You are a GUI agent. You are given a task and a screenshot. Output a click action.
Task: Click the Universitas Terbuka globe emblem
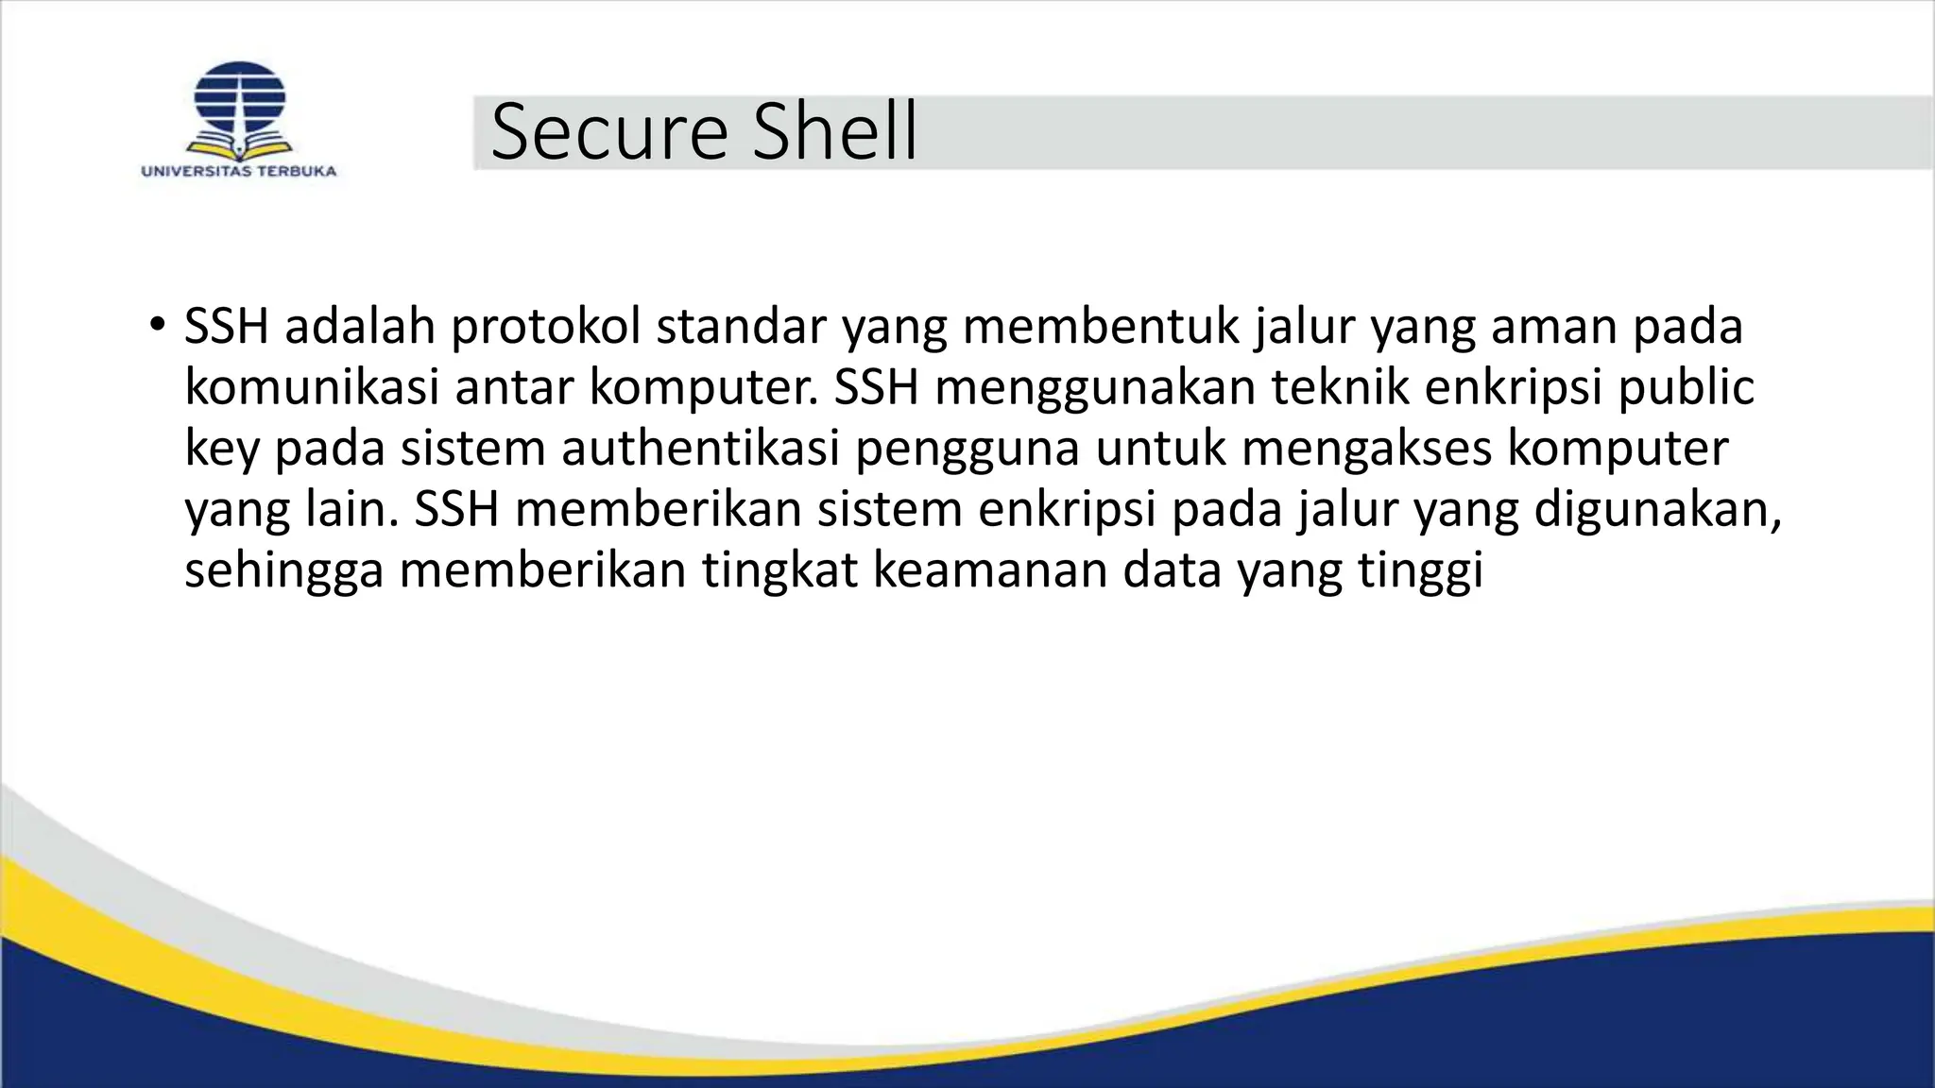click(x=239, y=106)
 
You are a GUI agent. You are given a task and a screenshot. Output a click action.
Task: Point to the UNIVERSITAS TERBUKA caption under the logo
click(x=239, y=172)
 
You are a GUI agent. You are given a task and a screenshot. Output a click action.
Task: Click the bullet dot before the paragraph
click(x=156, y=326)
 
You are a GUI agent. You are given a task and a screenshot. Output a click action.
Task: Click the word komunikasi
click(x=312, y=387)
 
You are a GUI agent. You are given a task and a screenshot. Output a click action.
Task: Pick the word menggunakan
click(x=1095, y=389)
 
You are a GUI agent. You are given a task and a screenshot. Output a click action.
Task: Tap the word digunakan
click(x=1657, y=510)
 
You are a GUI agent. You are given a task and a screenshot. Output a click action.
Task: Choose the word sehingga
click(x=283, y=571)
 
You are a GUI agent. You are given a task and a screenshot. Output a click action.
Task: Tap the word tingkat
click(x=779, y=571)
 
